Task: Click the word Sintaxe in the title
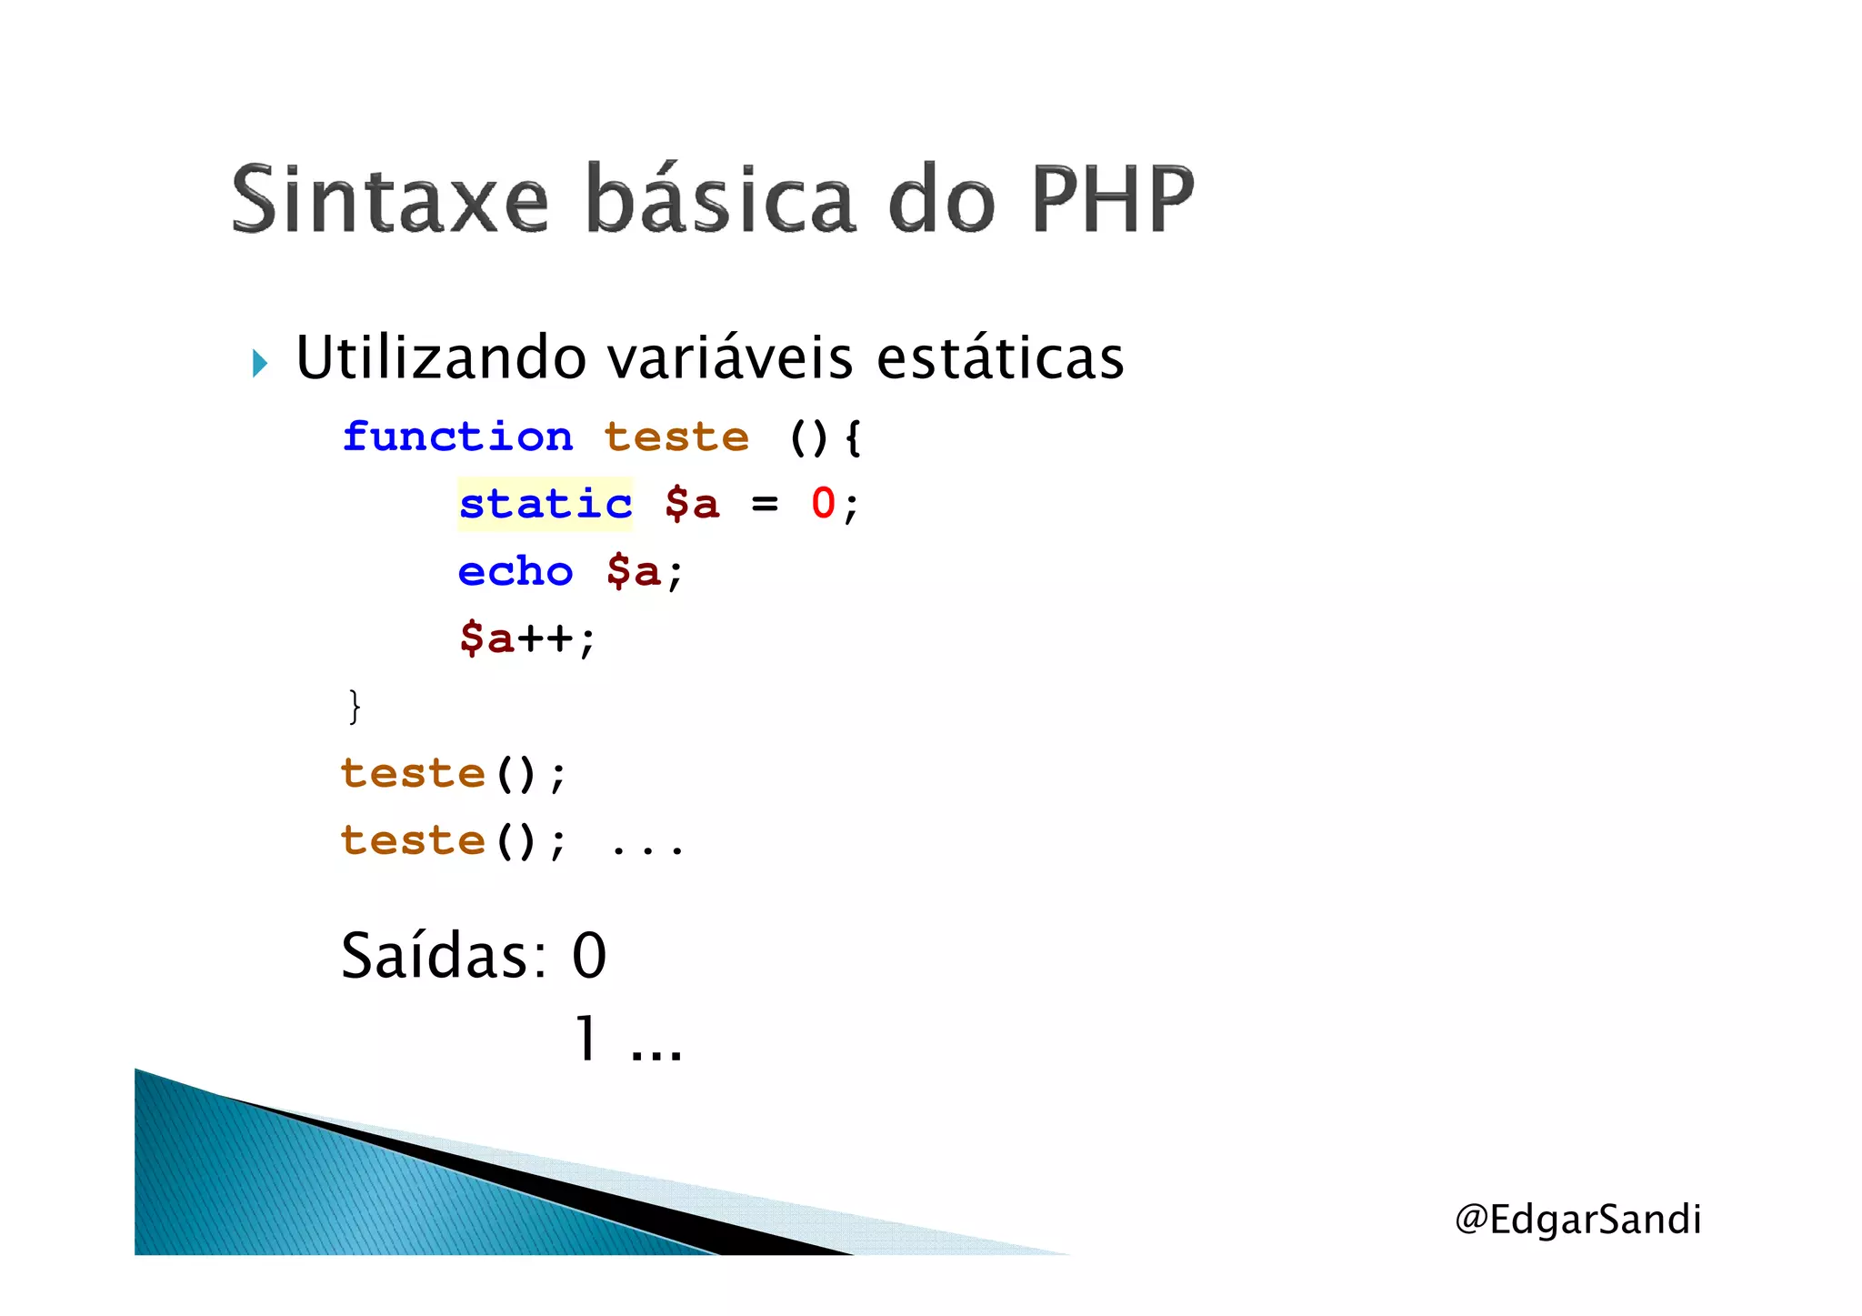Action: point(390,199)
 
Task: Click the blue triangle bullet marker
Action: point(260,364)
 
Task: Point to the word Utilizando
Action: point(441,357)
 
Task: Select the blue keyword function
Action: point(457,437)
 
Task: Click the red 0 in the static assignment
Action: point(823,504)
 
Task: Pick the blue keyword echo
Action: point(516,572)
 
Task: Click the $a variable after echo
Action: point(633,572)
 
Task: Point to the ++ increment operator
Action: point(546,638)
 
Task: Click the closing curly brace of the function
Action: point(355,707)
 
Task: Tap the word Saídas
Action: point(444,957)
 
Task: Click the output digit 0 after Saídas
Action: point(589,957)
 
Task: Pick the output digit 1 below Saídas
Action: point(587,1040)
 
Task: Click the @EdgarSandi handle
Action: point(1577,1220)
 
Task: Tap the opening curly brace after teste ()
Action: point(852,438)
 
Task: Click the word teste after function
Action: point(676,437)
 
